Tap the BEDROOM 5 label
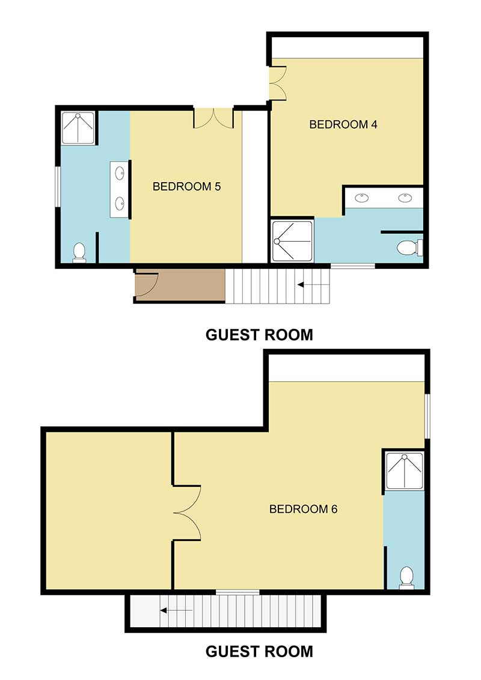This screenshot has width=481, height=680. pos(186,186)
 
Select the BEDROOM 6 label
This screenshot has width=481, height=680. pos(303,509)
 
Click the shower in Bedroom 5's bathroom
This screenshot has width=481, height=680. pos(78,127)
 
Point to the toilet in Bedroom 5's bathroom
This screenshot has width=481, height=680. pos(79,253)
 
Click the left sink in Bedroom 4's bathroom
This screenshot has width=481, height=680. pos(362,197)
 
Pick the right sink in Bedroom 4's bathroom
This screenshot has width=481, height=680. pos(405,197)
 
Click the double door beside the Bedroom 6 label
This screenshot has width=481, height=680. pos(188,512)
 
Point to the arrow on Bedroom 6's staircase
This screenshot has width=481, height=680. pos(176,611)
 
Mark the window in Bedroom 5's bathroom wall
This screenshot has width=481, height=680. pos(58,186)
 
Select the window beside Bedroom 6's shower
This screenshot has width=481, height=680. pos(427,416)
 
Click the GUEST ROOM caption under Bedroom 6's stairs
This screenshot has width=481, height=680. pos(259,651)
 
